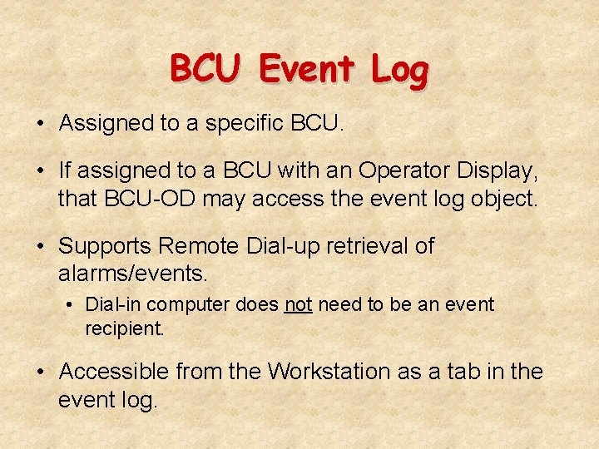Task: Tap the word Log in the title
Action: (x=399, y=71)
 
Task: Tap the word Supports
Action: (x=106, y=247)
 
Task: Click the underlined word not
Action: (x=298, y=305)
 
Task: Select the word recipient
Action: (x=125, y=328)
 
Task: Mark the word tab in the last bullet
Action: (x=450, y=372)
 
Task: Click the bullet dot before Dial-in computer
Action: (x=72, y=305)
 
